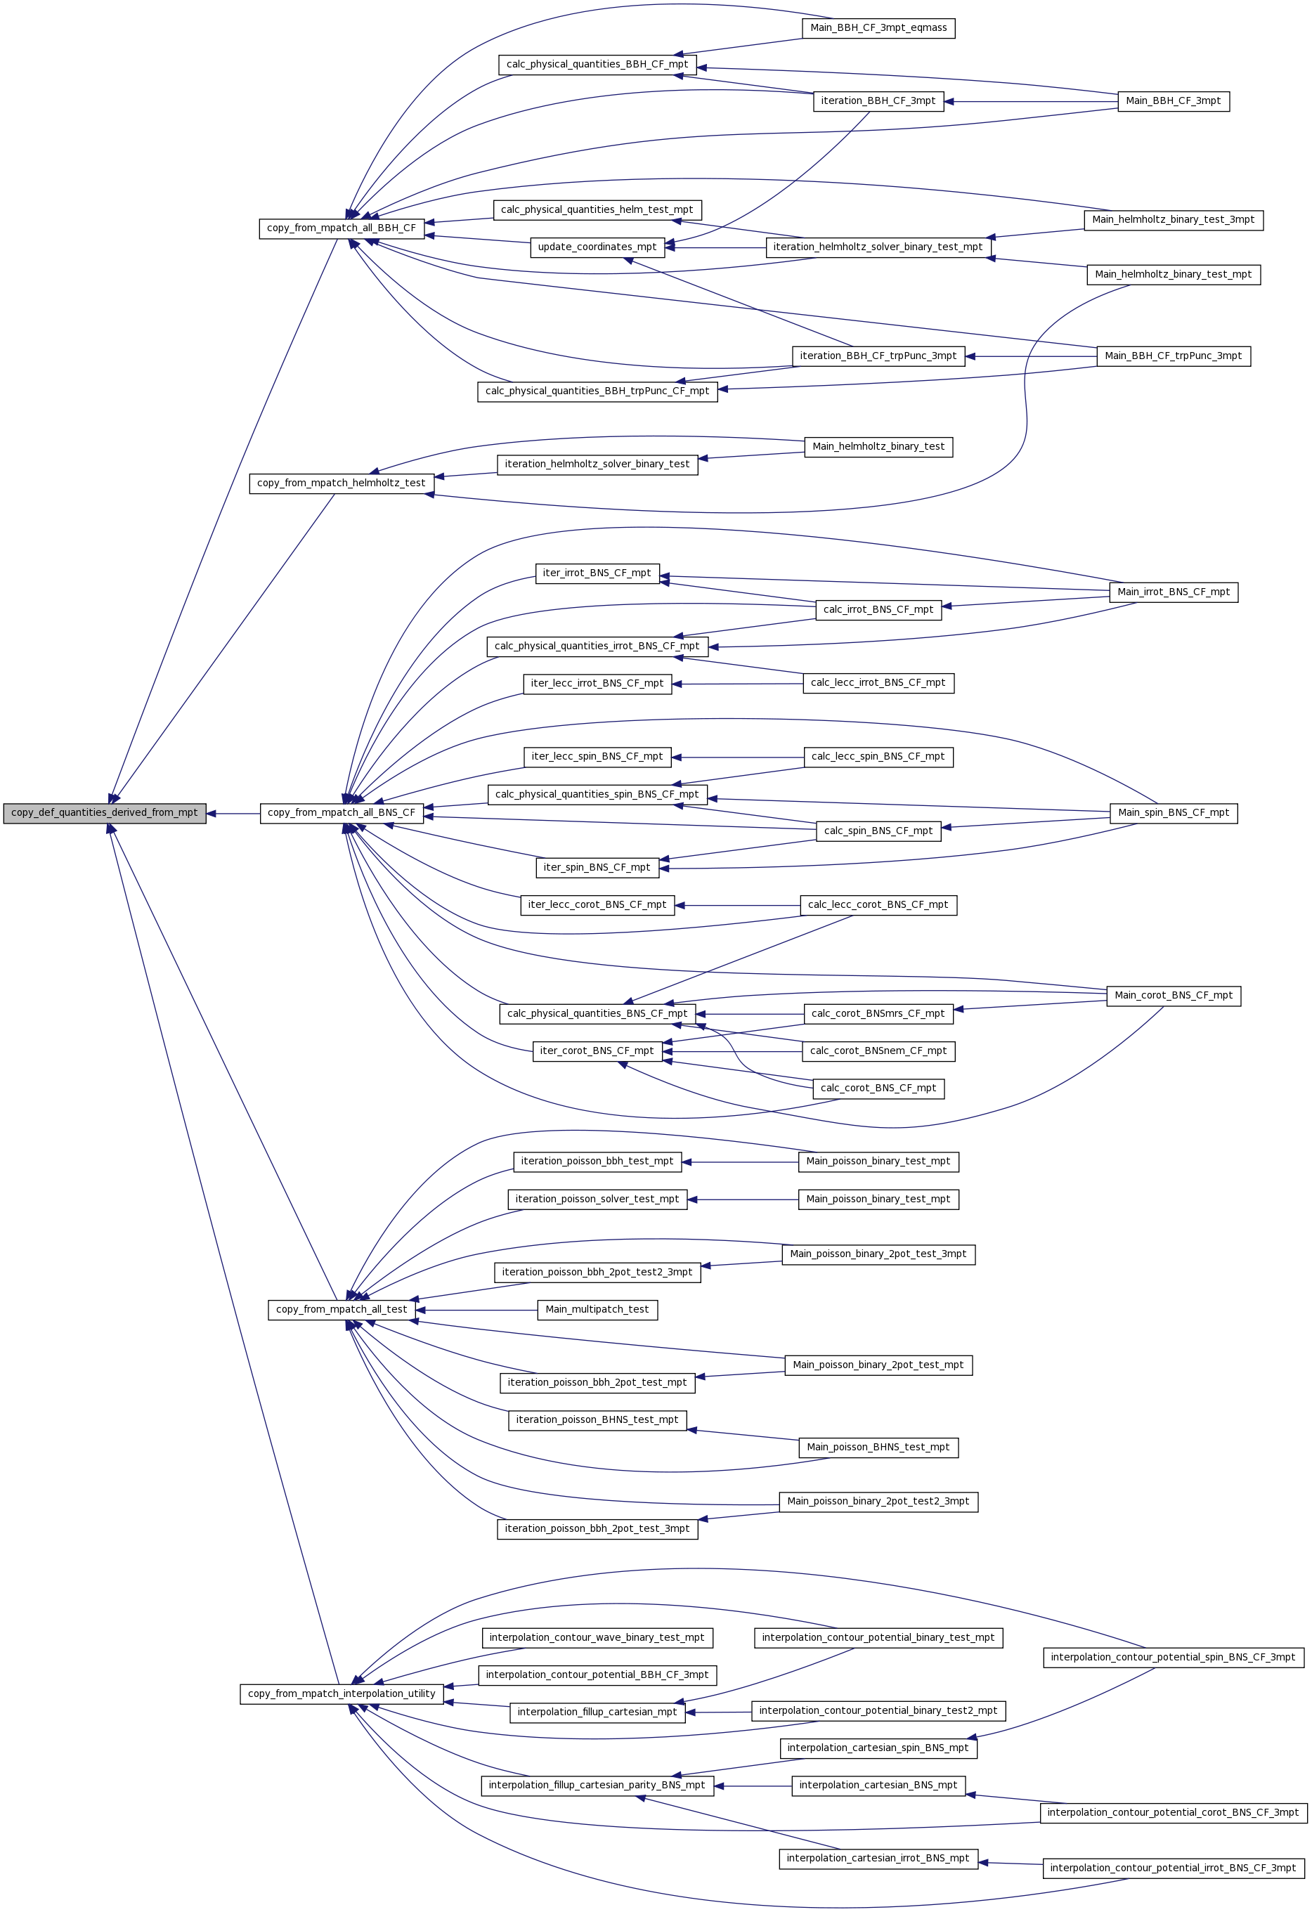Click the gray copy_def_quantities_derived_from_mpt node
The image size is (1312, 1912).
coord(105,813)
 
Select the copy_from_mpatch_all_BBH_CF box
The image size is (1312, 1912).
coord(342,228)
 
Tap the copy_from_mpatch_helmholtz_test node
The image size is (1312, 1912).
coord(342,483)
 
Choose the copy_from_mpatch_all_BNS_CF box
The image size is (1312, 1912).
coord(342,813)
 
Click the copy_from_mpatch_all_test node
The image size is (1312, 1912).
coord(342,1310)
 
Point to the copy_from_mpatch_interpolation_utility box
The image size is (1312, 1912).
coord(342,1694)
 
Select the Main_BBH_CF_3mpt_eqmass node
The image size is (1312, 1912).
coord(878,28)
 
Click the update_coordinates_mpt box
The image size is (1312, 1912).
coord(597,247)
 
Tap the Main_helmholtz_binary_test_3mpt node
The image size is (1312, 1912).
coord(1174,220)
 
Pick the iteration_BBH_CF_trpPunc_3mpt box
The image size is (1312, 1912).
coord(878,356)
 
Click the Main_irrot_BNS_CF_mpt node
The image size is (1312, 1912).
coord(1174,592)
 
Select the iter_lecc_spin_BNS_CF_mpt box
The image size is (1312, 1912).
coord(597,757)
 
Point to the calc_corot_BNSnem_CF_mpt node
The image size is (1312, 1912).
coord(878,1051)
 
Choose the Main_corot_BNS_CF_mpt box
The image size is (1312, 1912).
coord(1174,996)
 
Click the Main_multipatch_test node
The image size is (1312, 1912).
coord(597,1310)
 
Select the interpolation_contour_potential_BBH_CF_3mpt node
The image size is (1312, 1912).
coord(597,1675)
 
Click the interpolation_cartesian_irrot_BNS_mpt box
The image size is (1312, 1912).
coord(878,1859)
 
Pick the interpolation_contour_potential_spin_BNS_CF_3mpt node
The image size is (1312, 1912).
coord(1174,1657)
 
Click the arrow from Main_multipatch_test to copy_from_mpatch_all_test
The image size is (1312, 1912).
coord(476,1310)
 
